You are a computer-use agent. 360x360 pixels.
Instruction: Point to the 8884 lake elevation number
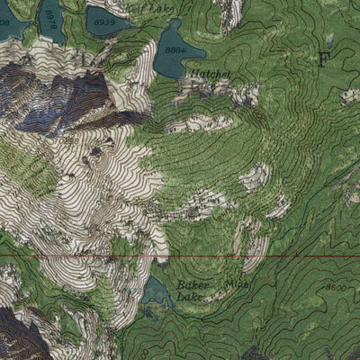tap(175, 50)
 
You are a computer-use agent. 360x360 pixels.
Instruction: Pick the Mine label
tap(236, 283)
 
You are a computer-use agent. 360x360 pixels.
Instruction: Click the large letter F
tap(323, 59)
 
